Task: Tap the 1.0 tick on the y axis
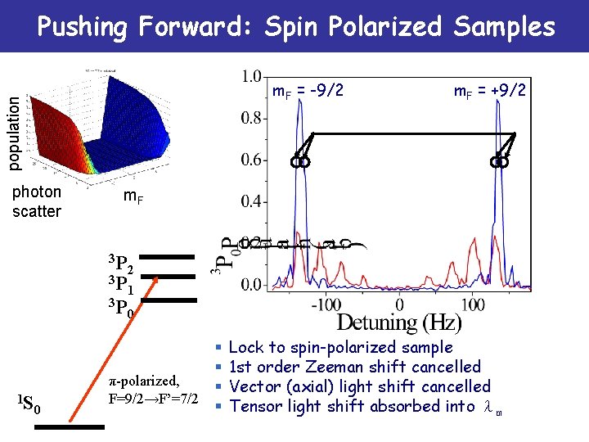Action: tap(253, 77)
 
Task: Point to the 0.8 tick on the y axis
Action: tap(253, 118)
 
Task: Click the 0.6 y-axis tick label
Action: tap(253, 160)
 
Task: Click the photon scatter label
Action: tap(37, 201)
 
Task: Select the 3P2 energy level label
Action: tap(123, 264)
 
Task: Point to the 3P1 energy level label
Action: tap(123, 286)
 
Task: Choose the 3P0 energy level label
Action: tap(123, 309)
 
